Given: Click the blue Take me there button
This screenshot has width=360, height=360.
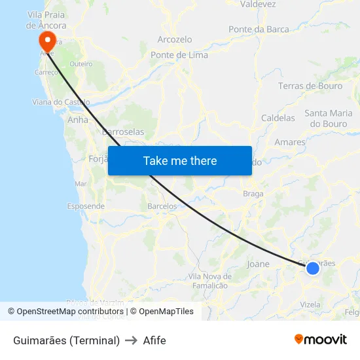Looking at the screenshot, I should pos(180,160).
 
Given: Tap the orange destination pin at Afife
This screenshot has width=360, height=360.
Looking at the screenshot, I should pos(47,41).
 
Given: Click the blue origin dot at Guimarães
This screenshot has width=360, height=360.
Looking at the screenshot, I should pos(313,268).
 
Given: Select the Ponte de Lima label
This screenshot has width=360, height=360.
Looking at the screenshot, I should pos(179,55).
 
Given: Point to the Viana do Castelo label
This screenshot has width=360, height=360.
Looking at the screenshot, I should pos(61,101).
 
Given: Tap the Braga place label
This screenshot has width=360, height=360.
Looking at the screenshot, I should pos(253,194).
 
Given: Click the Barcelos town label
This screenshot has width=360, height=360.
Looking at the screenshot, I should pos(162,206).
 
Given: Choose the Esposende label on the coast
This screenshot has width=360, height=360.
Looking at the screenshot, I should pos(86,206).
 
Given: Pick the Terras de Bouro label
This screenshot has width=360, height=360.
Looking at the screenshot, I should pos(310,86).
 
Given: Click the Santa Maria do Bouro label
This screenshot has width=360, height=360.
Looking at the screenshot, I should pos(329,118).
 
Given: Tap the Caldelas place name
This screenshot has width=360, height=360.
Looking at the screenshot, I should pos(278,118).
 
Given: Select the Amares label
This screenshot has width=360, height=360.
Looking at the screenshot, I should pos(291,141).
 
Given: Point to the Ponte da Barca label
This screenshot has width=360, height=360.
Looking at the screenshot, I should pos(259,29).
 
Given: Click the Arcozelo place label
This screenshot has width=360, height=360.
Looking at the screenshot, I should pos(175,39).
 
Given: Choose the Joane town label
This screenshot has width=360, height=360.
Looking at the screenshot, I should pos(258,264).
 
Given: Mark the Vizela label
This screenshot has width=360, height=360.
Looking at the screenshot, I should pos(310,304).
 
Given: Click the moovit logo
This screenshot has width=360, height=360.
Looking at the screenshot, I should pos(321,340).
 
